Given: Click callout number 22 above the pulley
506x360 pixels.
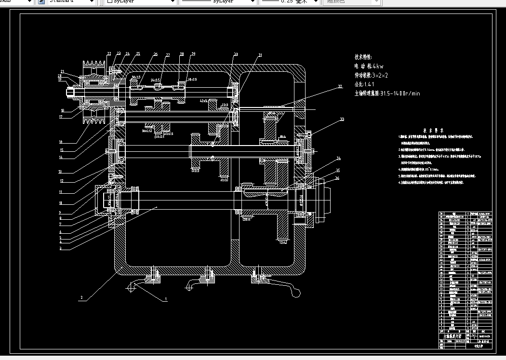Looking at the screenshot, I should (x=109, y=53).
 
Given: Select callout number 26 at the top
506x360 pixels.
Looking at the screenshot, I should (x=156, y=54).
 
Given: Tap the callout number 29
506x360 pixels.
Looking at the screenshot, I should (x=193, y=53).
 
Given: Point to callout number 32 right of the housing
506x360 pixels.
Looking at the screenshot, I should (x=340, y=87).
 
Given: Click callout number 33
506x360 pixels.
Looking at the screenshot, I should (x=342, y=119).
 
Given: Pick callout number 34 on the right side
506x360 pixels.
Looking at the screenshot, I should (x=339, y=159).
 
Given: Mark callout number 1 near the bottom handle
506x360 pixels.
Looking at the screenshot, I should (x=166, y=299).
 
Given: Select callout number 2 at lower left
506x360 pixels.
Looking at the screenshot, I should (x=82, y=298).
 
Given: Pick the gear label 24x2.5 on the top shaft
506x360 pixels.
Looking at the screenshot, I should (x=155, y=80).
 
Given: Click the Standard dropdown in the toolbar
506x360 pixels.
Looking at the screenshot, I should (x=71, y=2).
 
